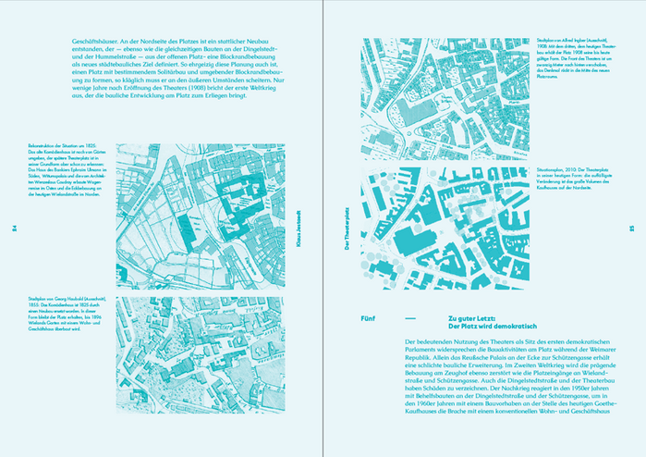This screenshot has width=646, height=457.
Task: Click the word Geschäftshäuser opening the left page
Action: (x=78, y=43)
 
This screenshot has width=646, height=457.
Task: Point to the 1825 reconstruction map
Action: (x=203, y=212)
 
